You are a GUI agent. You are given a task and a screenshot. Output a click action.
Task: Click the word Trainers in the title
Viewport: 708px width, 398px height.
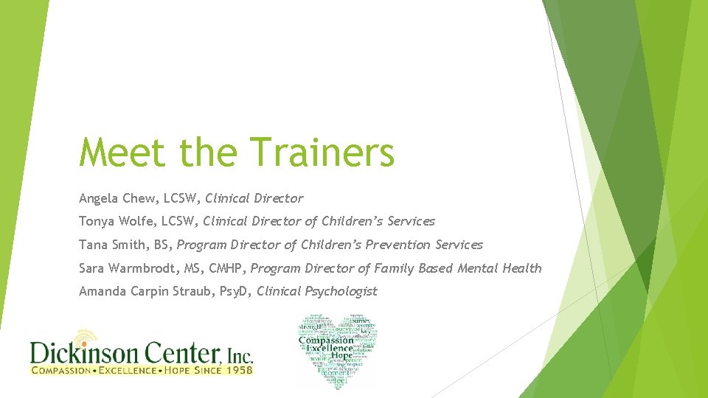[x=323, y=153]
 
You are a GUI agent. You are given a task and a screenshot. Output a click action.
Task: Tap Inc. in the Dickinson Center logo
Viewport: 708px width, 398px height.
[x=238, y=356]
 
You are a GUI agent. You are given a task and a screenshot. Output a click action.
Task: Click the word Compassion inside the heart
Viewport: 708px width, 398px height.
[x=326, y=341]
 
